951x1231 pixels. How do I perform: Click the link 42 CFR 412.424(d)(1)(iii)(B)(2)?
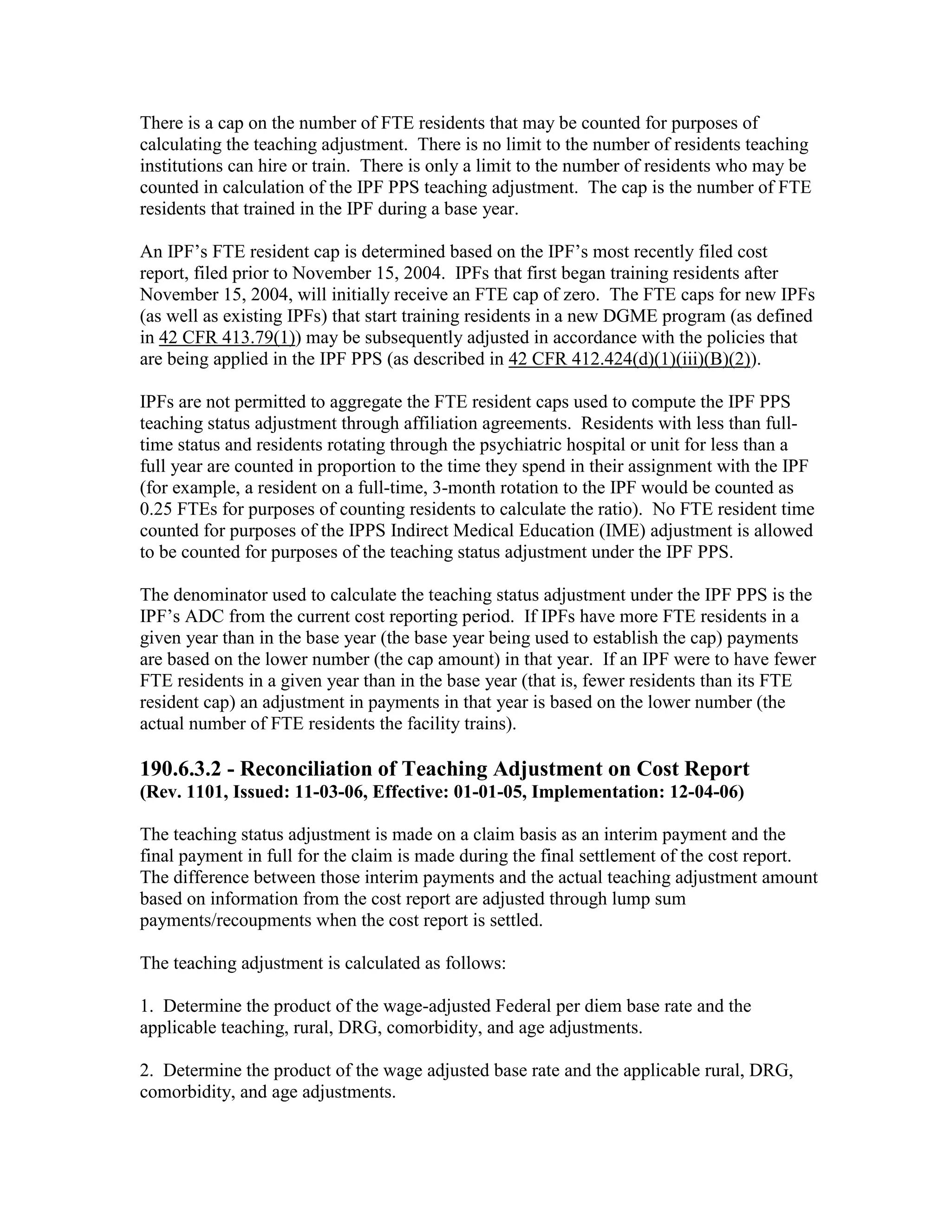coord(631,359)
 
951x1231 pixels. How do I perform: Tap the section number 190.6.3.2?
coord(180,769)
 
